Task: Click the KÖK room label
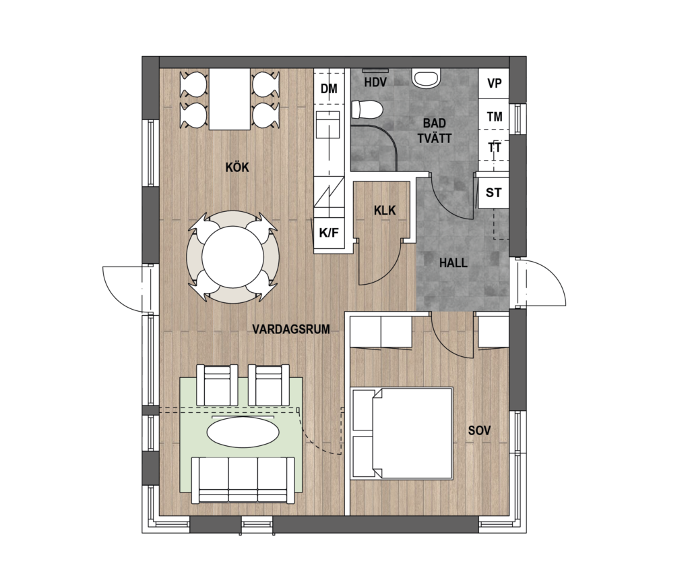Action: (237, 167)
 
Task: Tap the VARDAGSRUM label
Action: (291, 329)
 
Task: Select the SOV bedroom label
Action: (479, 430)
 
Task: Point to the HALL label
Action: (453, 263)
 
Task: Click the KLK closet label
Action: (385, 210)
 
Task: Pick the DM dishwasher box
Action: (329, 88)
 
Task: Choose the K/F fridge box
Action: (329, 233)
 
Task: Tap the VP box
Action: (494, 83)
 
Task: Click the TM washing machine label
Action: (495, 117)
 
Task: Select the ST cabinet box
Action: (493, 192)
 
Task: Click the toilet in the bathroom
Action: (367, 110)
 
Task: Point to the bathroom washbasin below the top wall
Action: (426, 78)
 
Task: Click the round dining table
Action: (232, 258)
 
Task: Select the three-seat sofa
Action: (243, 480)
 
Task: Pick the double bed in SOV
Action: (403, 433)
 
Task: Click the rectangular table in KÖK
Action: (230, 99)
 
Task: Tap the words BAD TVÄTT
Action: (435, 130)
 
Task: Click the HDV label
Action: (375, 82)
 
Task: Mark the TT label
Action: (495, 147)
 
